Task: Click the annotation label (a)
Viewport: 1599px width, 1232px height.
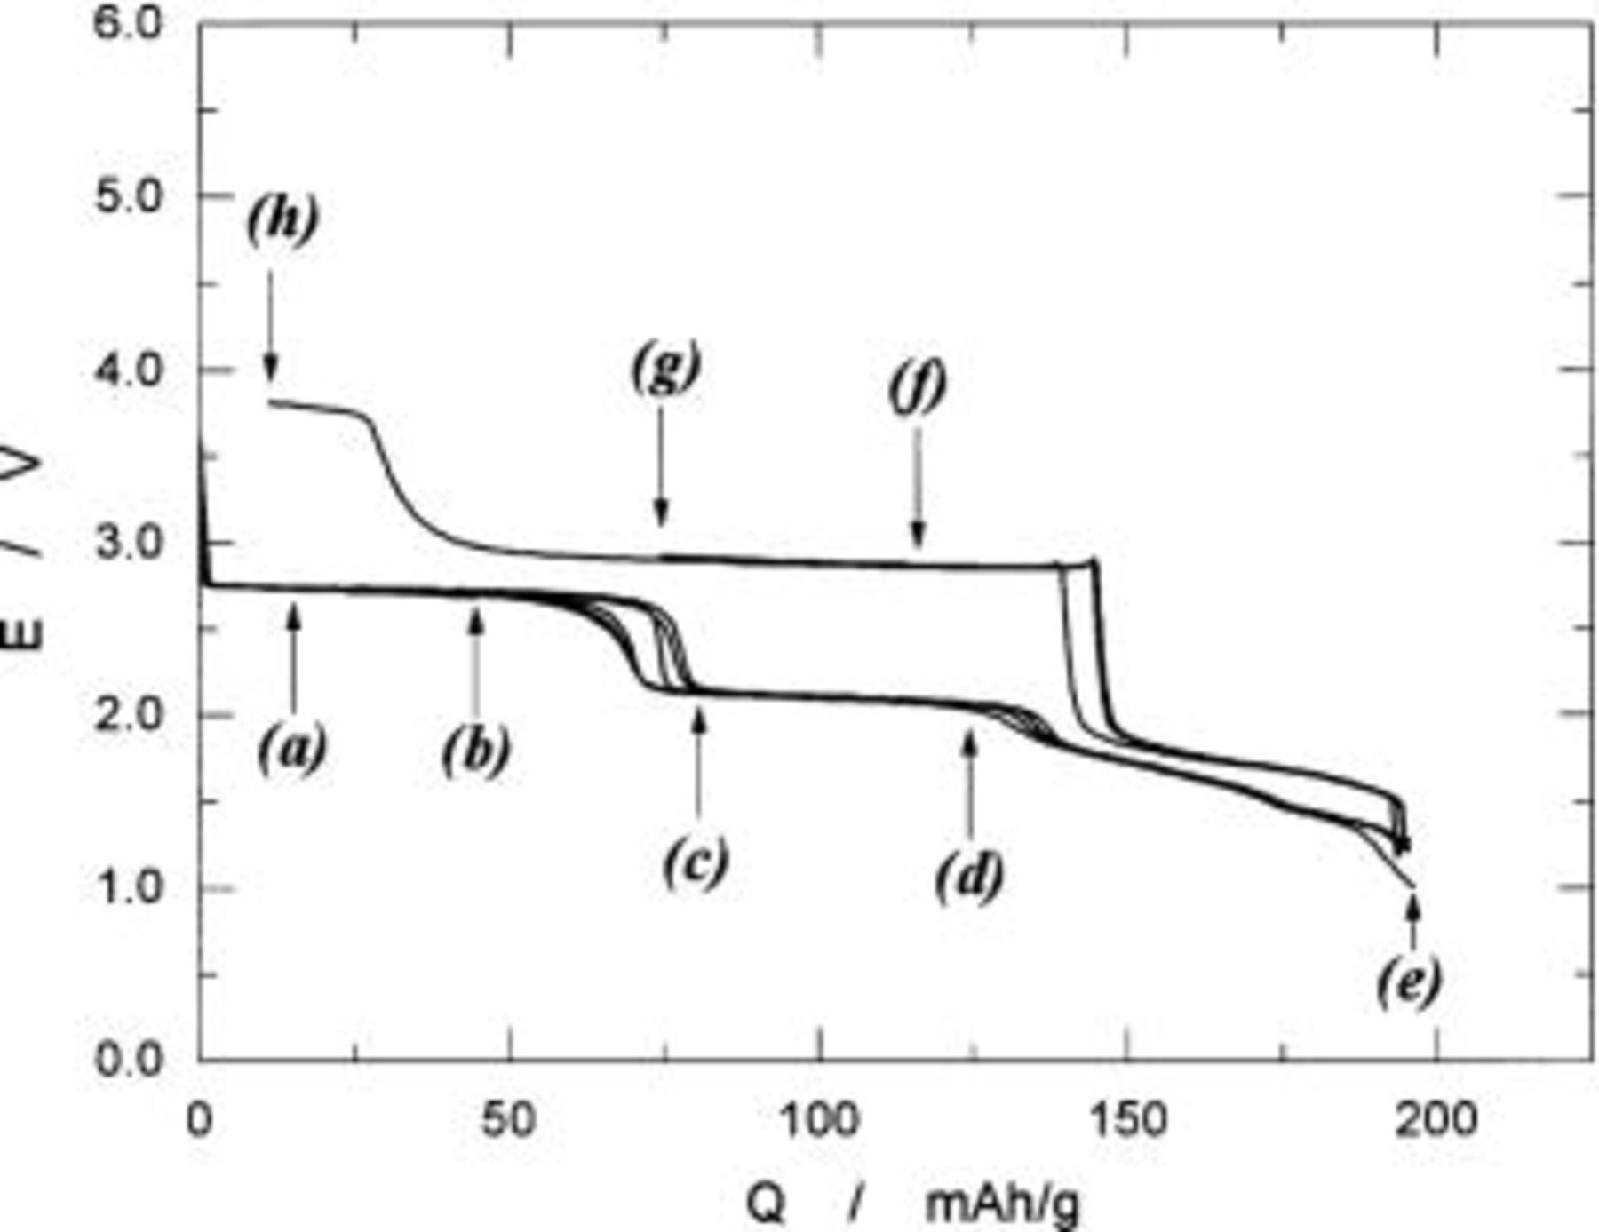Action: pyautogui.click(x=292, y=751)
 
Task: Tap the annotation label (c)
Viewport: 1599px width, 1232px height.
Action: pyautogui.click(x=696, y=860)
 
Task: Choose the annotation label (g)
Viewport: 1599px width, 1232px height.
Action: pyautogui.click(x=666, y=367)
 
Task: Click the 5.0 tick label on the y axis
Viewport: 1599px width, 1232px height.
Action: pyautogui.click(x=130, y=195)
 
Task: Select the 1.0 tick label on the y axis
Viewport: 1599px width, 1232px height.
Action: pyautogui.click(x=130, y=887)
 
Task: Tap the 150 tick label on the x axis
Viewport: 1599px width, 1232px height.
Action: pyautogui.click(x=1126, y=1119)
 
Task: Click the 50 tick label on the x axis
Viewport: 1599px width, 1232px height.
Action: pyautogui.click(x=509, y=1119)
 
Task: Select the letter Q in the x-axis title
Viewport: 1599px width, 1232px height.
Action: pyautogui.click(x=766, y=1204)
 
